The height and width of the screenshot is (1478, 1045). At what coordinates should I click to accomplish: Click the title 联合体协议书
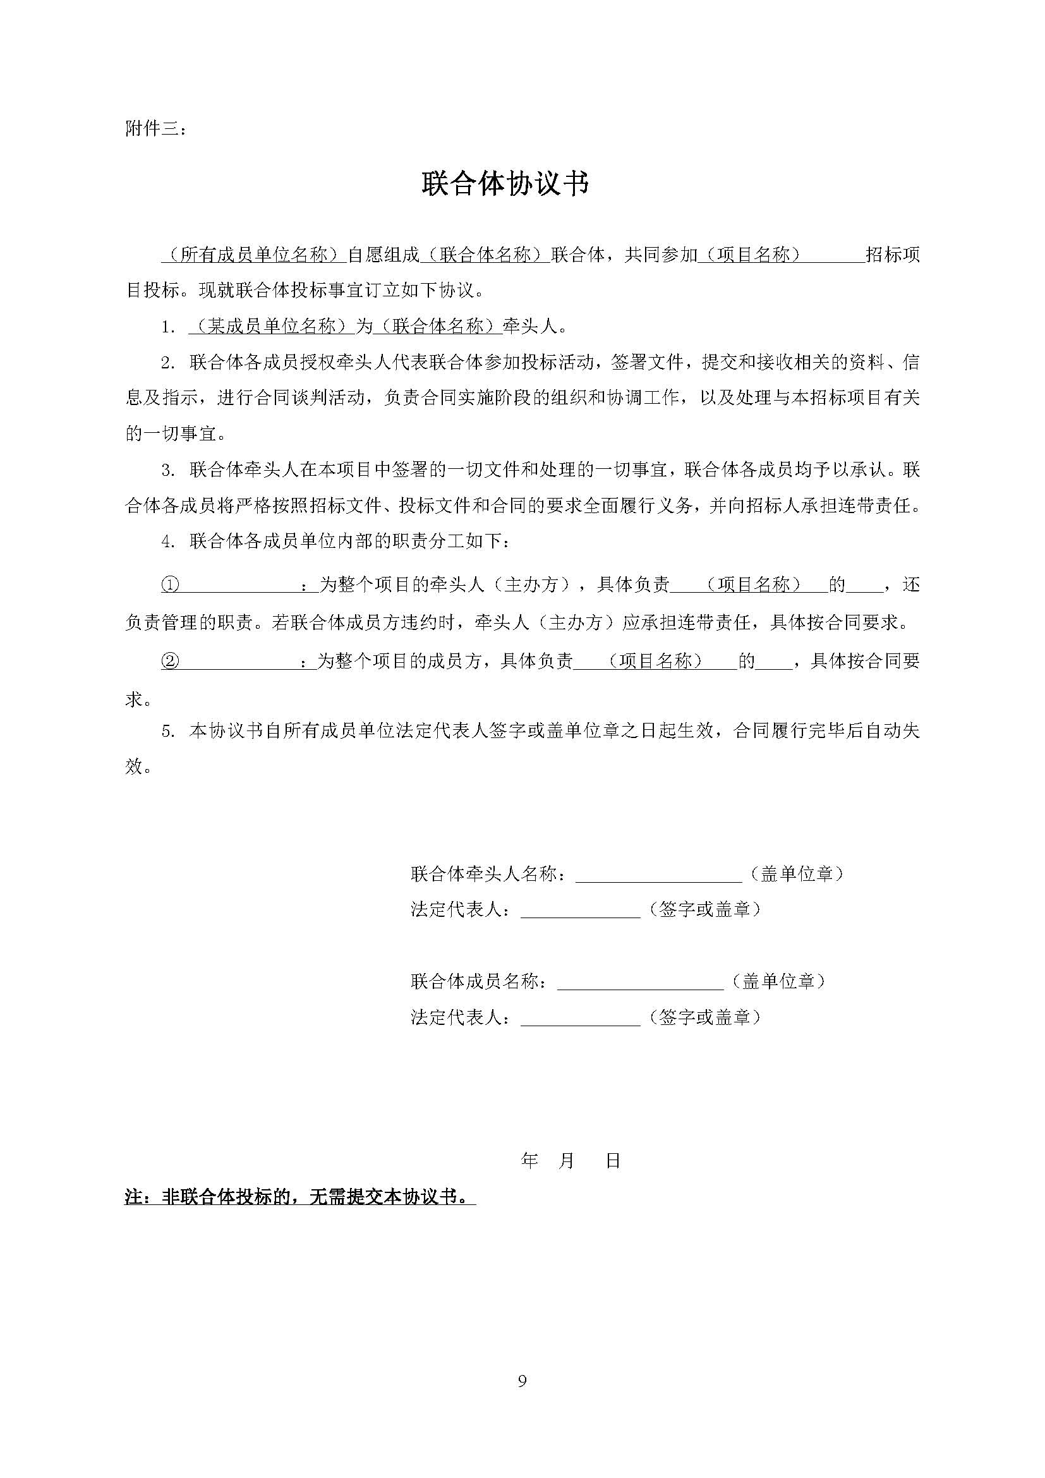505,184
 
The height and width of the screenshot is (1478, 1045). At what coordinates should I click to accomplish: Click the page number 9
522,1380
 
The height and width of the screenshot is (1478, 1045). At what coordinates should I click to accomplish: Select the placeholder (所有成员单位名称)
253,255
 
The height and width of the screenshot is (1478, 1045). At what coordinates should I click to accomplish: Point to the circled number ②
170,661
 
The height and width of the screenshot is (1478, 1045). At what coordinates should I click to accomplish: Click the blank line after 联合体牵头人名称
659,875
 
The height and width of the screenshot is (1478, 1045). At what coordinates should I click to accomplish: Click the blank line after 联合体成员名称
640,982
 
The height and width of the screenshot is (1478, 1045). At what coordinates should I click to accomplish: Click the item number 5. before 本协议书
169,732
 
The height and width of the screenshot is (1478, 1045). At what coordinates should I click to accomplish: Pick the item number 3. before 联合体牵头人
169,471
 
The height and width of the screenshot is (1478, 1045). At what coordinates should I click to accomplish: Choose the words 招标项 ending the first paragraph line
893,255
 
